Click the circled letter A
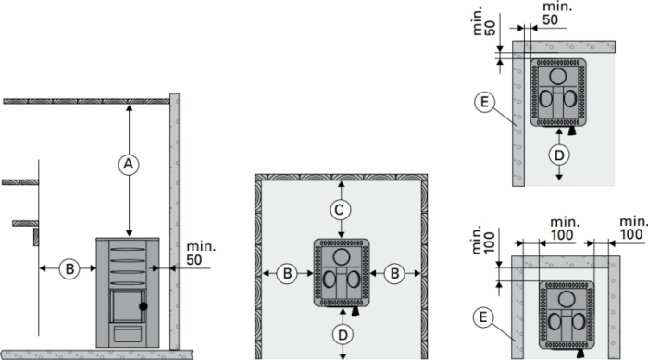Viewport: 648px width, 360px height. [x=129, y=165]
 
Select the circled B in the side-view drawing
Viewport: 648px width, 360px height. [x=69, y=268]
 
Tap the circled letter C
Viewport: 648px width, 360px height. [x=341, y=210]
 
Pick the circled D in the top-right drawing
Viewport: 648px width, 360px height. [x=559, y=155]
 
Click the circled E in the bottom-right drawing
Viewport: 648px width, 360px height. [x=483, y=317]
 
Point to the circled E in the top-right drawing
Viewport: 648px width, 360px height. [x=485, y=102]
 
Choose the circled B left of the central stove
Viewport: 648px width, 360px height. [x=287, y=273]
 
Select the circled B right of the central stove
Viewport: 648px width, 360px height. [x=394, y=273]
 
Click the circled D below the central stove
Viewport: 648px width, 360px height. [x=343, y=335]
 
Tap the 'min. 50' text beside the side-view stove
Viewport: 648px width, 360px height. [x=201, y=253]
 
